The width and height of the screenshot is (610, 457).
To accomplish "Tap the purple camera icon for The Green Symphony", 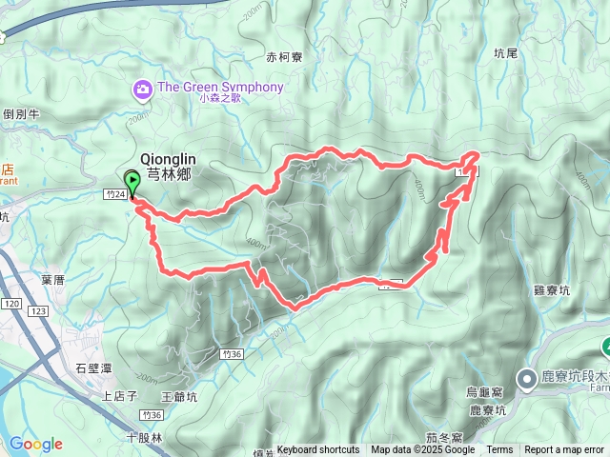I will pyautogui.click(x=143, y=89).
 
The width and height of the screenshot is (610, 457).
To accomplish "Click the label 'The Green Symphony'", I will pyautogui.click(x=220, y=88).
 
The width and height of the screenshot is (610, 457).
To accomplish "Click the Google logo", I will pyautogui.click(x=35, y=444).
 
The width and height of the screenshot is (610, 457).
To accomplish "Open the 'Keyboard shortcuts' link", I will pyautogui.click(x=318, y=450).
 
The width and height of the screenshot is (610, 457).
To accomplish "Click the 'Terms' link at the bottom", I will pyautogui.click(x=499, y=450).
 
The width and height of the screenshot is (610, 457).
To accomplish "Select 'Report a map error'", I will pyautogui.click(x=564, y=450).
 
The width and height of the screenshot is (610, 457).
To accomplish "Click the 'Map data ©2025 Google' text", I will pyautogui.click(x=422, y=450).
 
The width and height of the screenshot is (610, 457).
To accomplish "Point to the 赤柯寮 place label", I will pyautogui.click(x=284, y=57).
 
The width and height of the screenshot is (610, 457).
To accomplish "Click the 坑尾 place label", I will pyautogui.click(x=507, y=54).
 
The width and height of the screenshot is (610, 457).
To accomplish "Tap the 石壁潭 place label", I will pyautogui.click(x=94, y=367).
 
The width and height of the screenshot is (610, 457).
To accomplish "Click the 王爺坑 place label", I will pyautogui.click(x=179, y=396).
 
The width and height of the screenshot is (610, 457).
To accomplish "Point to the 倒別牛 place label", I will pyautogui.click(x=21, y=113).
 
